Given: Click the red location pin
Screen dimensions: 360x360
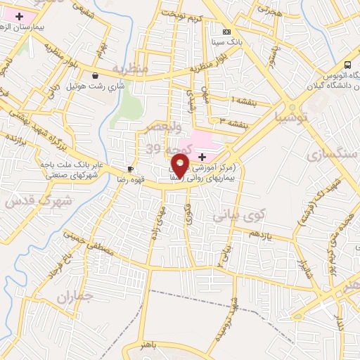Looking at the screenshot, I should [180, 166].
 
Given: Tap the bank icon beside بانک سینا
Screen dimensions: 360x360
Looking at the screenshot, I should [226, 32].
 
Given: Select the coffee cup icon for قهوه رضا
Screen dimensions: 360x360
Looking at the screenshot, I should [130, 169].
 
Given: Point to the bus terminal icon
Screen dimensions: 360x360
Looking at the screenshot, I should [348, 65].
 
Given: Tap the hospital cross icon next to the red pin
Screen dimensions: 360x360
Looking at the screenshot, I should [202, 155].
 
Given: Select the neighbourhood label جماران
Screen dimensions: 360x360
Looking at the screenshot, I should [74, 297].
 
